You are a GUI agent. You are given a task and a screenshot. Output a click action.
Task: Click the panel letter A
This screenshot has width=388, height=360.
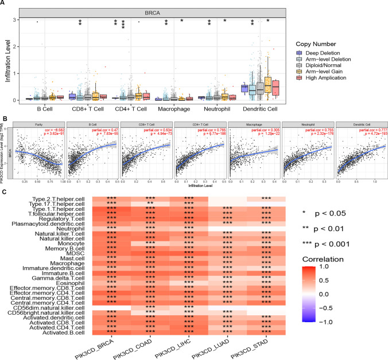pos(4,4)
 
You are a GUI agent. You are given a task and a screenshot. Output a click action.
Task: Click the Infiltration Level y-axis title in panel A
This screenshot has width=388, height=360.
pos(8,60)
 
